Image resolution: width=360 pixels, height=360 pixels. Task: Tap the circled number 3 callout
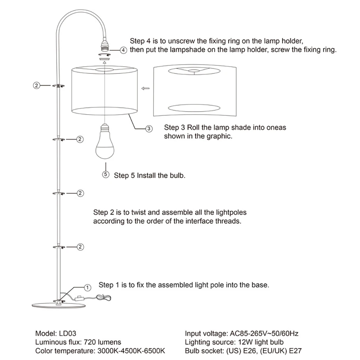point(149,128)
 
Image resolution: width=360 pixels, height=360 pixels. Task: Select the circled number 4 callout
point(123,50)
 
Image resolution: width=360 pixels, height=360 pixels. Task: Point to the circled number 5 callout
point(106,175)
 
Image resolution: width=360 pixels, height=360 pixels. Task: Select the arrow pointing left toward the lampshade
point(146,88)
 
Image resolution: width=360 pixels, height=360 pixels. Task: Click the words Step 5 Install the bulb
point(150,176)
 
